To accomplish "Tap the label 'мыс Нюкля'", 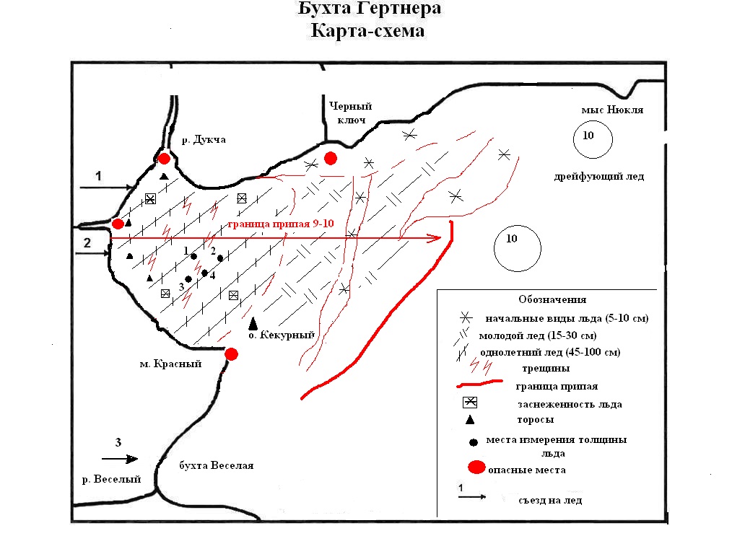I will (x=611, y=110).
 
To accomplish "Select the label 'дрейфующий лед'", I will (x=599, y=177).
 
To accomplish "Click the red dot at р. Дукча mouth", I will (x=165, y=159).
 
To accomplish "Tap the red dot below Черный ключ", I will (x=331, y=158).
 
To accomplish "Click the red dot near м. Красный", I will (x=231, y=353).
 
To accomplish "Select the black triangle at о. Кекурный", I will (x=253, y=325).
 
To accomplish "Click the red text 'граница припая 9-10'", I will (x=279, y=224).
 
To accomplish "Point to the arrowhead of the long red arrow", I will (x=435, y=238).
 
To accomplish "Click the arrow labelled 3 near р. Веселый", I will (x=120, y=458).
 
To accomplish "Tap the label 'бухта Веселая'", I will (x=216, y=465).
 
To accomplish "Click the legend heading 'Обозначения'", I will (x=552, y=299).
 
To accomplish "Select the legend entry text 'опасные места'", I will (x=526, y=470).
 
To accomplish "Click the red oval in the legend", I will (x=476, y=468).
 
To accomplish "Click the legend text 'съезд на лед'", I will (x=549, y=500).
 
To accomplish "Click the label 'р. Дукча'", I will (x=206, y=140).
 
